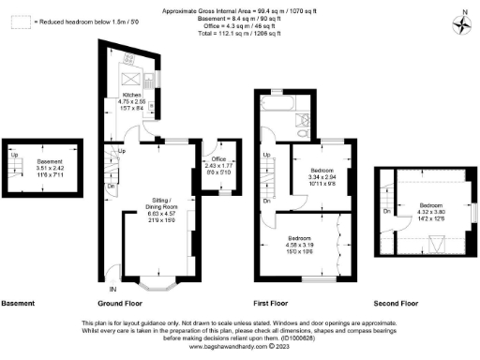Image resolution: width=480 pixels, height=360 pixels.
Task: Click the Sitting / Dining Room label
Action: [159, 207]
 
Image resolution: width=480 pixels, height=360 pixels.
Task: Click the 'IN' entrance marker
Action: [112, 273]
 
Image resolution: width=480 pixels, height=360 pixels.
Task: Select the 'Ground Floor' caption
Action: [119, 304]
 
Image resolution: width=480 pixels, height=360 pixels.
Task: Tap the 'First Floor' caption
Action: [271, 304]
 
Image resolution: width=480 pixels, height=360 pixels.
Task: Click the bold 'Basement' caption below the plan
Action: [18, 304]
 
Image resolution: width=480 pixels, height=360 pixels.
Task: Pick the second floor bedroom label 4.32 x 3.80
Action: [430, 210]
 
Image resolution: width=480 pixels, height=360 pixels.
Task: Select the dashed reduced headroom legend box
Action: [18, 21]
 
